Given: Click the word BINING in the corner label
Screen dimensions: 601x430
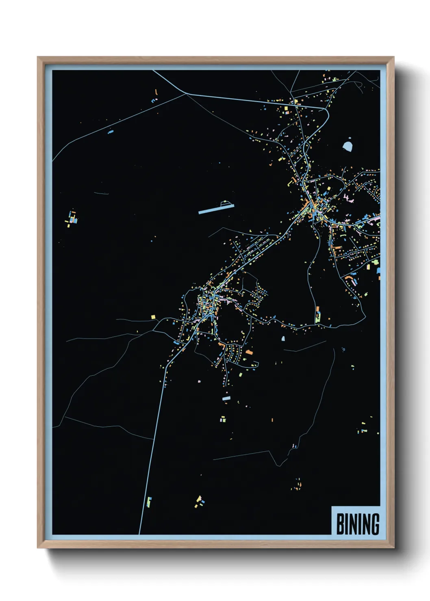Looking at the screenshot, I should (x=358, y=524).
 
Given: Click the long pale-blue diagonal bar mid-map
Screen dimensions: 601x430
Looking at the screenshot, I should (x=216, y=209).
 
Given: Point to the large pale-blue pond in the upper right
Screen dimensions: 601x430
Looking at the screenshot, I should (x=347, y=146).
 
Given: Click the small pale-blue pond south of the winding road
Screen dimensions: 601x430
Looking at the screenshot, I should (x=283, y=338).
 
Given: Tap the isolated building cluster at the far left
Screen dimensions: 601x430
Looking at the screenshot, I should (x=72, y=218).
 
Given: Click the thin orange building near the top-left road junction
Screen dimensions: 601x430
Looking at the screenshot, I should (x=156, y=93).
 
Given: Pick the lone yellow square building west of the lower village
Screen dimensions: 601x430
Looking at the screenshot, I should (x=153, y=317).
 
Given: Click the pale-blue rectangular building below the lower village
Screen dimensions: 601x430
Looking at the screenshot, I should (x=226, y=398).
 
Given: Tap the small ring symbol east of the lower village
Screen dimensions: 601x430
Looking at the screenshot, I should (x=344, y=349).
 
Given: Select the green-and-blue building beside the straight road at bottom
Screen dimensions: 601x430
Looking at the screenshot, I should (x=149, y=502).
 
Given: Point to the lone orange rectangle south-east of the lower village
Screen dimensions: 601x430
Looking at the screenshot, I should (x=249, y=352).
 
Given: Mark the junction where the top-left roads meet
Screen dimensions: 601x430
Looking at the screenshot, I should (x=186, y=93).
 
